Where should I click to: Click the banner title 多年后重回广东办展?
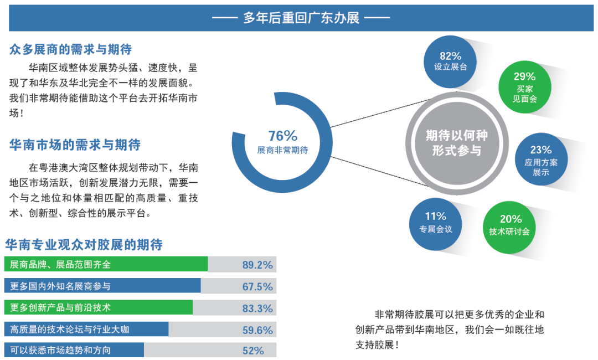coord(301,18)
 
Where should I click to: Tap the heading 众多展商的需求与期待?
coord(70,49)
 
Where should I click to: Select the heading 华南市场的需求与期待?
coord(75,145)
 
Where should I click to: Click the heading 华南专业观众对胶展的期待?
coord(84,244)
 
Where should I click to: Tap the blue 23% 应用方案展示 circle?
coord(540,160)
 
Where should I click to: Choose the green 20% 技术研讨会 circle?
coord(510,224)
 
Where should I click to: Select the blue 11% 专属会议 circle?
coord(435,222)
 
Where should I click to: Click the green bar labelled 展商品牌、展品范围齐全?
coord(106,264)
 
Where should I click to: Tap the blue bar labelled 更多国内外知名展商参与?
coord(102,286)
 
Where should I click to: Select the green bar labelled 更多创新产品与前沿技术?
coord(99,307)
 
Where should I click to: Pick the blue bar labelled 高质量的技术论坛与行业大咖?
coord(86,330)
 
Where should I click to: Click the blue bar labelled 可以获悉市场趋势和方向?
coord(74,350)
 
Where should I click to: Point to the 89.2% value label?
coord(257,265)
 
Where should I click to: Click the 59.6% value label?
coord(257,330)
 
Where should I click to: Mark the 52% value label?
coord(253,351)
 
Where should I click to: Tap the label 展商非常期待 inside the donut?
coord(282,150)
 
